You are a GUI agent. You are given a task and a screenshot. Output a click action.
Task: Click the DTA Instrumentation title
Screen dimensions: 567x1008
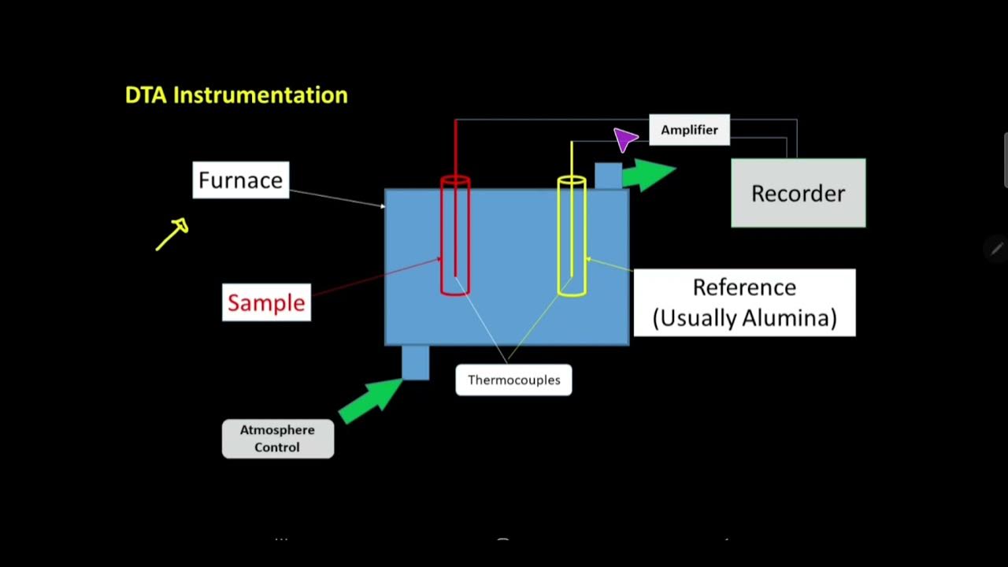[x=236, y=95]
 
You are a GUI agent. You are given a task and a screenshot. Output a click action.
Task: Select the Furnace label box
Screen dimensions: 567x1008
[x=240, y=180]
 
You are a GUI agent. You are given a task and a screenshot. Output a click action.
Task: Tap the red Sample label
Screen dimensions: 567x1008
[x=266, y=302]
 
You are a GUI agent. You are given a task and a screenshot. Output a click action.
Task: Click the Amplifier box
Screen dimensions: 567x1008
[x=689, y=130]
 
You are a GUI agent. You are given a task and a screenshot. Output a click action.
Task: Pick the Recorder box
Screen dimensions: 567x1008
[x=798, y=194]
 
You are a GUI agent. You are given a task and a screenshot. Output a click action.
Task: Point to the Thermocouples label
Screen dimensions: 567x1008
[x=513, y=380]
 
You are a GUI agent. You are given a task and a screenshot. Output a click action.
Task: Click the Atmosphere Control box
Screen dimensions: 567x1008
[x=278, y=439]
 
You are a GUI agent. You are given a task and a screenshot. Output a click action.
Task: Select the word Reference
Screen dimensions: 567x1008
[x=744, y=287]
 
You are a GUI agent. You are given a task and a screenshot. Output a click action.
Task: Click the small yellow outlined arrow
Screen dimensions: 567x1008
[x=172, y=234]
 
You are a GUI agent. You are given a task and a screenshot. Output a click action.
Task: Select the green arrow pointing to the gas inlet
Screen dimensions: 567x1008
[x=370, y=399]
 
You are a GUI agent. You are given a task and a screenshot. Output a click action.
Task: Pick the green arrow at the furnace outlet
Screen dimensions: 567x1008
[x=648, y=174]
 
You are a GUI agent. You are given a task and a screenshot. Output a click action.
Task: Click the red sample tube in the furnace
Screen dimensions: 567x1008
[x=455, y=236]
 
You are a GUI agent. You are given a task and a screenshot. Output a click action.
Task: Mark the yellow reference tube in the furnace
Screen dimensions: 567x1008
[x=572, y=236]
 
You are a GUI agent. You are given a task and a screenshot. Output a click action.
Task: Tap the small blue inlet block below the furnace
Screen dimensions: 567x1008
[x=416, y=362]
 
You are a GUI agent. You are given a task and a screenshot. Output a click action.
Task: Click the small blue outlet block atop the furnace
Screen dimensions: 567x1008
[x=607, y=176]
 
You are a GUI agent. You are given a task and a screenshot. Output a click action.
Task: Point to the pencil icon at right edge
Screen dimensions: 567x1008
[x=995, y=250]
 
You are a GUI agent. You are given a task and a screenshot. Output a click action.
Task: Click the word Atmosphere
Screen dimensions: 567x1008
[x=277, y=430]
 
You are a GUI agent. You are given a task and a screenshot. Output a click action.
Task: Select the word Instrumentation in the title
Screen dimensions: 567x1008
[x=260, y=95]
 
